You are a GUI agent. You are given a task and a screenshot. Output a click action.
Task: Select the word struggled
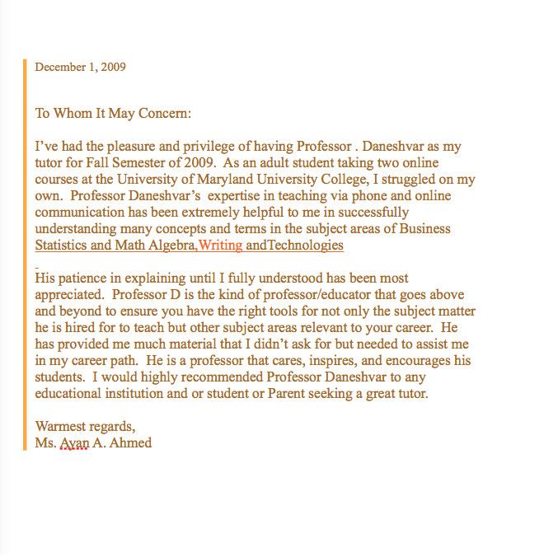431,180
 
